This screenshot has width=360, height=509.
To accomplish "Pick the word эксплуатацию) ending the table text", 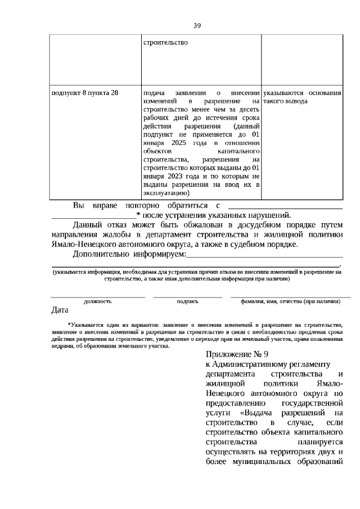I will [x=166, y=193].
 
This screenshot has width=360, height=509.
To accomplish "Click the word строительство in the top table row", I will [x=165, y=42].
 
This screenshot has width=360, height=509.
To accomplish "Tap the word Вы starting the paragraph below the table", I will [x=79, y=205].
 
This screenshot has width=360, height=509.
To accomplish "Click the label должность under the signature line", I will [x=97, y=301].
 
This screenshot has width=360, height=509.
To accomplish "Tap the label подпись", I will [x=187, y=301].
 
